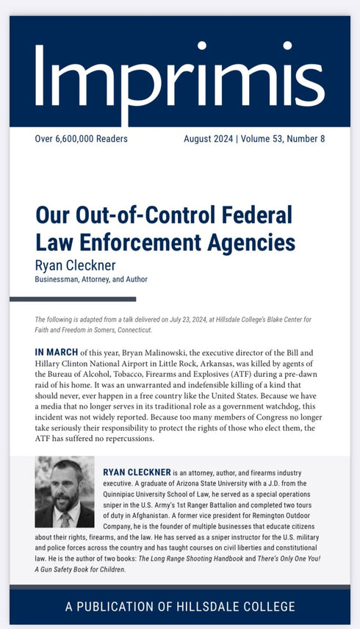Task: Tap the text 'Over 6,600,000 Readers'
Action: (81, 139)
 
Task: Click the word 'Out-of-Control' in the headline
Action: (144, 217)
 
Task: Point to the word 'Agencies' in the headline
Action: (248, 242)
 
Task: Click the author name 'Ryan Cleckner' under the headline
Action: (76, 265)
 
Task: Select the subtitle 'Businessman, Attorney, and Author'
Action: (91, 279)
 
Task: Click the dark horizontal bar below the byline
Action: (73, 299)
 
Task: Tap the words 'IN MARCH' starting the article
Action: (56, 353)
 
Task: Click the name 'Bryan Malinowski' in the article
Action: (157, 353)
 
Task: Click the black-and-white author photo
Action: (65, 492)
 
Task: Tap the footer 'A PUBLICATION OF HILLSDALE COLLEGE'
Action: (180, 606)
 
